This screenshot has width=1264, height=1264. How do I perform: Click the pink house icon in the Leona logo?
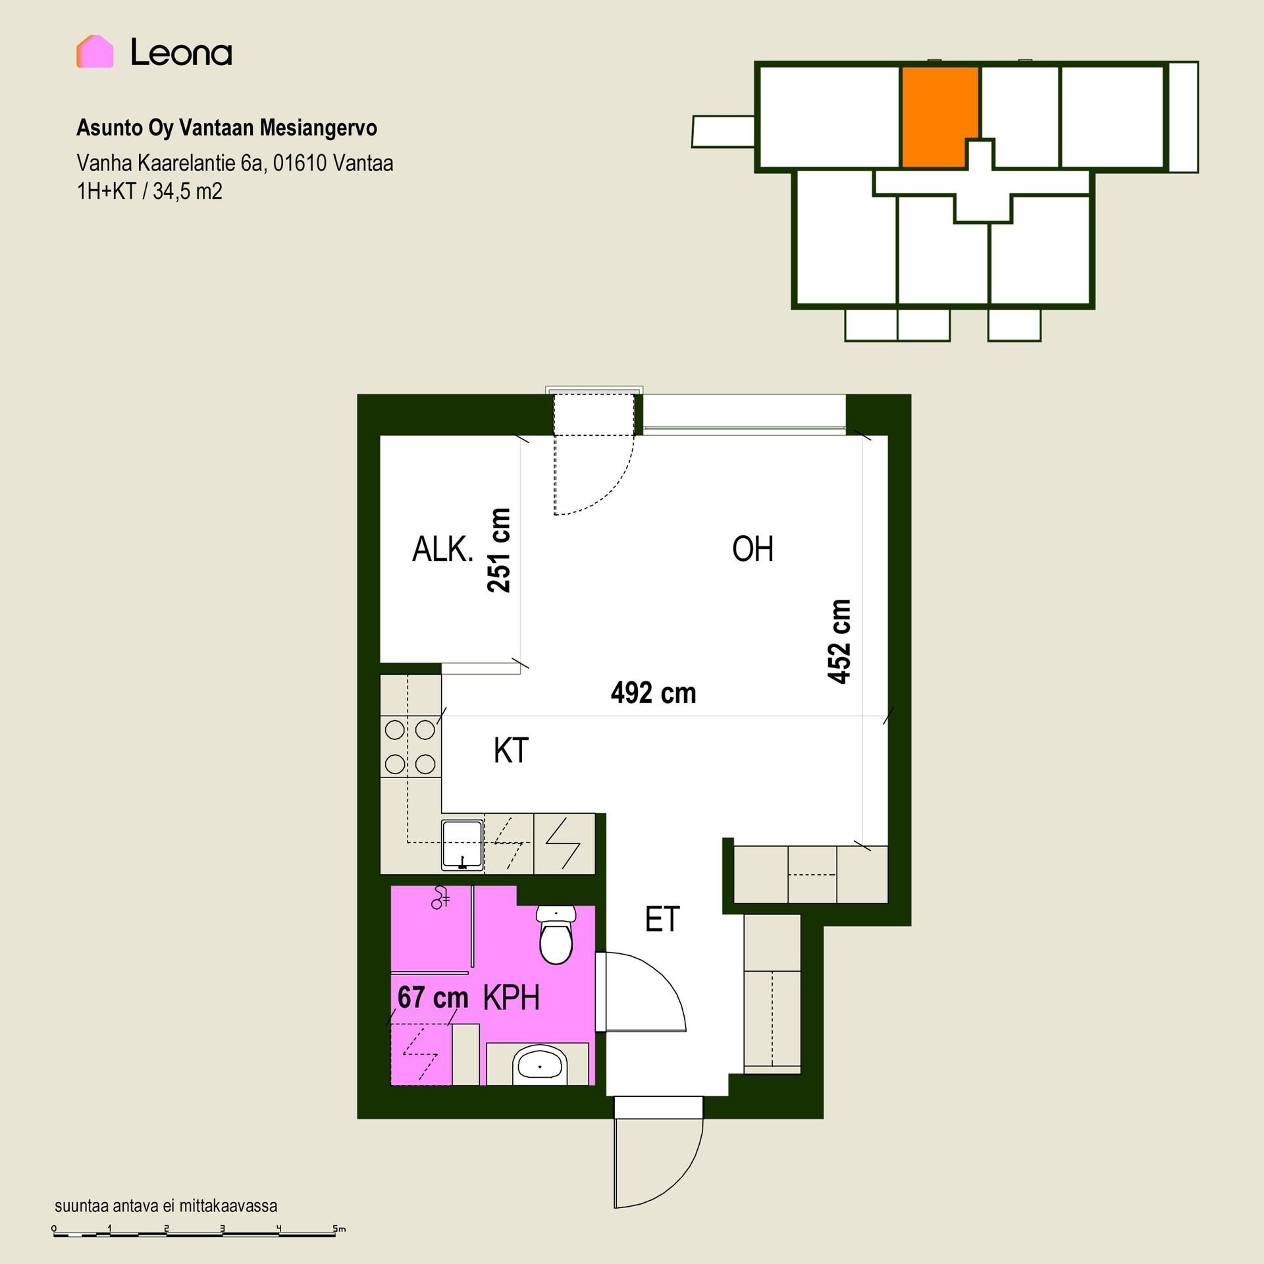click(95, 51)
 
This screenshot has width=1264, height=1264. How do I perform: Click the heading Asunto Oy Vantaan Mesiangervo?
click(226, 127)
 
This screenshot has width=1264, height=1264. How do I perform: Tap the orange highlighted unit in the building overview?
click(940, 117)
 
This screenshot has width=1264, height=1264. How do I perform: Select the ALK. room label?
click(442, 549)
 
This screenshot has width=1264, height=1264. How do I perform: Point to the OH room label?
click(752, 549)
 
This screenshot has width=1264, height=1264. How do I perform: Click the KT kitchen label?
click(511, 750)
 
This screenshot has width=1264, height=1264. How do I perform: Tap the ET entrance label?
click(662, 919)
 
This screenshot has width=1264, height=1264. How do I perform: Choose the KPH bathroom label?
click(512, 998)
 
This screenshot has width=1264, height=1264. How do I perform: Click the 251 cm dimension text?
click(499, 550)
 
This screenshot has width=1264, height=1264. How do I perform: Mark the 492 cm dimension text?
click(653, 693)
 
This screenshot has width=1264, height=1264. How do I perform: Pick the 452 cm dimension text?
click(839, 641)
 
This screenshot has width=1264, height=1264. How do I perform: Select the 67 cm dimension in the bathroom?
click(433, 997)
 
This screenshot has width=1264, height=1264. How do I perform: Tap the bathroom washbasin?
click(540, 1066)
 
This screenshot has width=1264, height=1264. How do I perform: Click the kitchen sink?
click(463, 845)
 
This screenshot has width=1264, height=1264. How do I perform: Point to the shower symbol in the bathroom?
click(440, 898)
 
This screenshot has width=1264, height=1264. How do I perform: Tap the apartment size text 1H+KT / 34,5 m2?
click(149, 191)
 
